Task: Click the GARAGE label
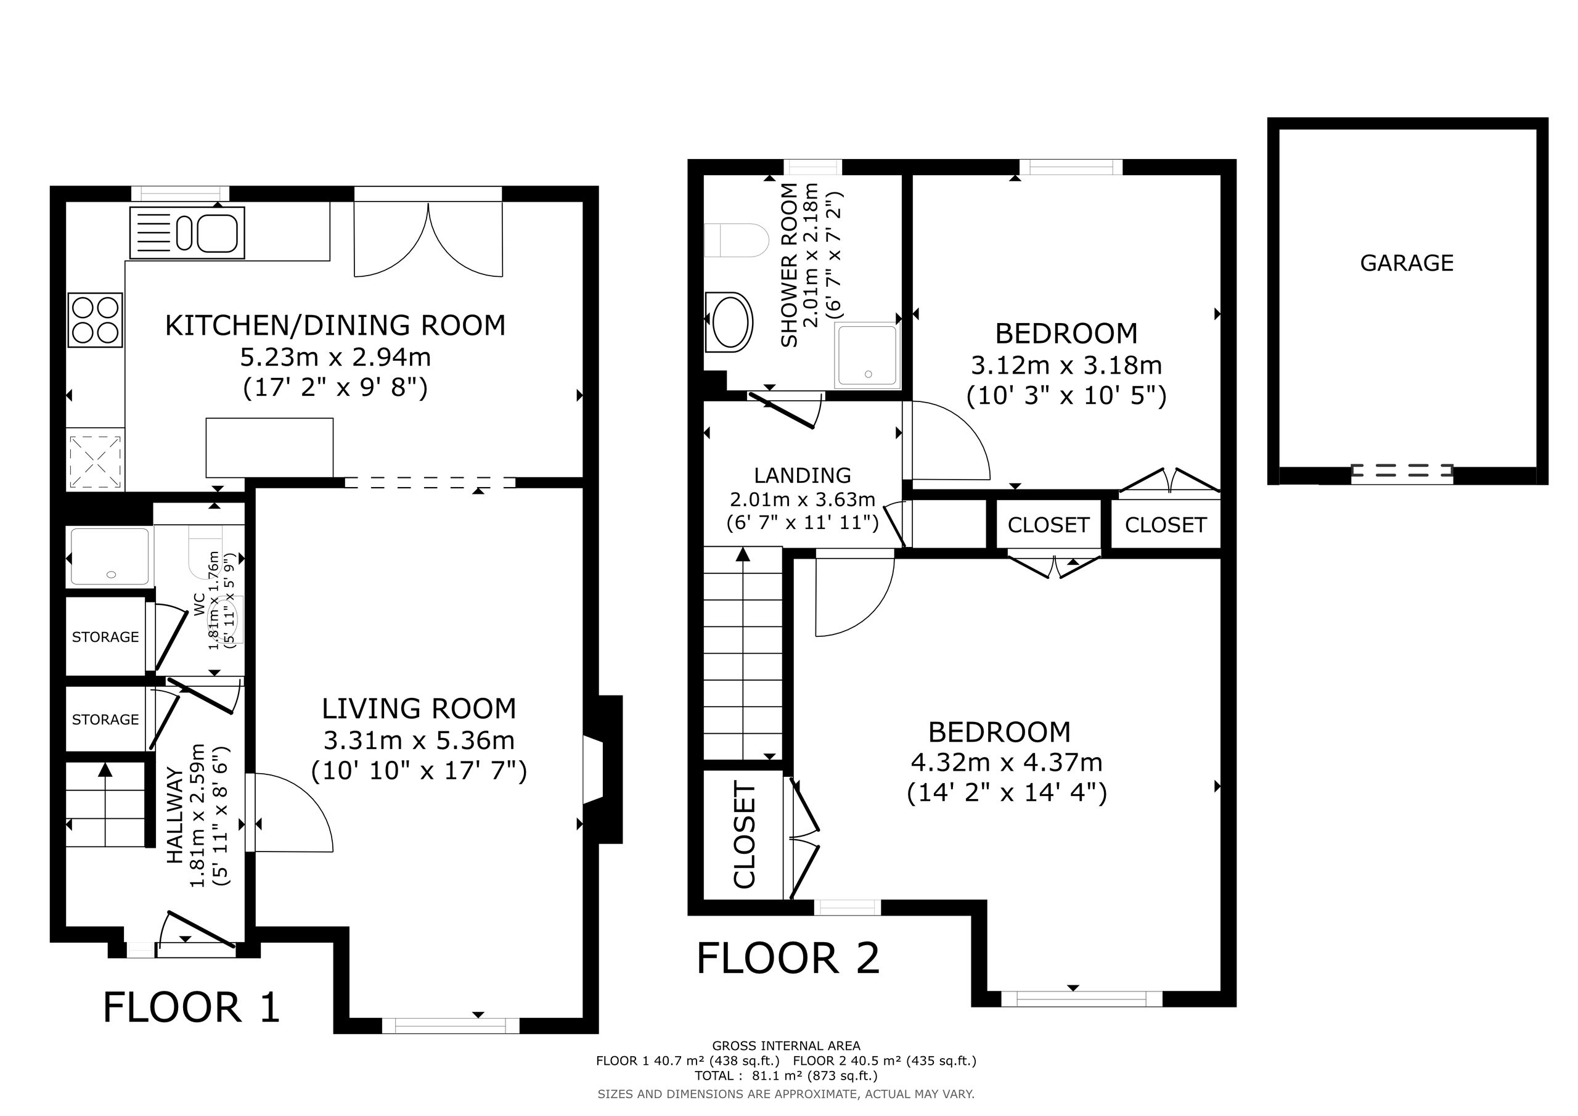point(1407,263)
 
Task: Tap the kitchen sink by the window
point(187,232)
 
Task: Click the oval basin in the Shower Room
point(729,322)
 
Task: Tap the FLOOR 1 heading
point(191,1008)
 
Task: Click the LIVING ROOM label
point(419,708)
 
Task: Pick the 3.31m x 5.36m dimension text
point(419,741)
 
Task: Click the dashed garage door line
point(1402,471)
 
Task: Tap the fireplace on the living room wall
point(603,769)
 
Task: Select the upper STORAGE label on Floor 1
point(105,638)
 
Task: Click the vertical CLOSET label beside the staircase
point(745,835)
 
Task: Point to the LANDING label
point(803,475)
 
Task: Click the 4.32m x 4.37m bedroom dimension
point(1007,763)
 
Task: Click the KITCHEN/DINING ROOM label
point(335,325)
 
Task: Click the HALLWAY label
point(175,816)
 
